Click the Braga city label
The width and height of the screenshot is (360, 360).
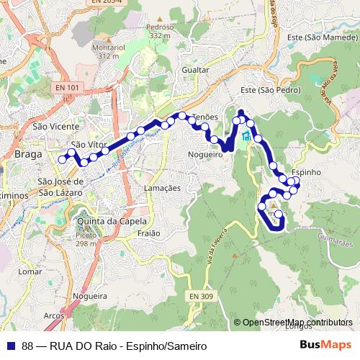pos(28,154)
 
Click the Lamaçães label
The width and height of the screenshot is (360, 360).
pos(163,187)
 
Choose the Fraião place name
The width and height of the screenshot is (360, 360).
pos(148,233)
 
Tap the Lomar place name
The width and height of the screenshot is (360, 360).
pos(30,272)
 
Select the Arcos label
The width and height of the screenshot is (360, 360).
pos(54,315)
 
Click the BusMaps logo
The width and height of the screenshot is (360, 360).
pos(325,345)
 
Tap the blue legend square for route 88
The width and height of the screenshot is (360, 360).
pos(10,345)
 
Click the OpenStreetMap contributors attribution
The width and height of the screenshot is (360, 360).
pos(298,323)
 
